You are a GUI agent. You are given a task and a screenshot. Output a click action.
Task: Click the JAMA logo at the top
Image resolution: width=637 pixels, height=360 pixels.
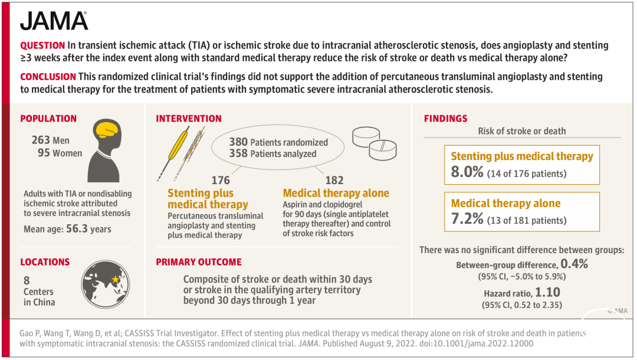coord(54,21)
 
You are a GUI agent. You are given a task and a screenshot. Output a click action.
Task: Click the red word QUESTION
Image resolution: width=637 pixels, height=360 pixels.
coord(42,45)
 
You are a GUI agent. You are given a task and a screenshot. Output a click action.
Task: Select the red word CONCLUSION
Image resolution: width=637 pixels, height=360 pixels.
coord(48,76)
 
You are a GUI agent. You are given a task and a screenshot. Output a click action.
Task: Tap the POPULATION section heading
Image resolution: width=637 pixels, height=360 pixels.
coord(48,119)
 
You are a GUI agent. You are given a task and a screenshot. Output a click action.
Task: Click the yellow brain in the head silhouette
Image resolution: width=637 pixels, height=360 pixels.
coord(106,130)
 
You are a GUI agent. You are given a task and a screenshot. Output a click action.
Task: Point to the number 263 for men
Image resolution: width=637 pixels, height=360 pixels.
coord(41,140)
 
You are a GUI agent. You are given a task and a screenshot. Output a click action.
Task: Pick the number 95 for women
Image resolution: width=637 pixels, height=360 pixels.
coord(44,153)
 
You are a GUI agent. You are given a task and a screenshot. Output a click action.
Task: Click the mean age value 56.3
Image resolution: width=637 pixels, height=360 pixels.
coord(77,229)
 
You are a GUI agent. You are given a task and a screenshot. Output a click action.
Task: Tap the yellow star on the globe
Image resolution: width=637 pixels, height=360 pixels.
coord(116,279)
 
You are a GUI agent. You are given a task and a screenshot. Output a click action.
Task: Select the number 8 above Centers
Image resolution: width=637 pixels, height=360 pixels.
coord(27,280)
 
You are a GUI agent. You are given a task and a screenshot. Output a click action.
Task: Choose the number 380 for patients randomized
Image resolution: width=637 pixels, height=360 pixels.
coord(238,142)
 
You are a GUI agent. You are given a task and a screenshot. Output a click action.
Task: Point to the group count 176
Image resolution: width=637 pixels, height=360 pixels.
coord(221,180)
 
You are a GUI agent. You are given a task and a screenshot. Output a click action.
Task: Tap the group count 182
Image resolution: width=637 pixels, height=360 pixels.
coord(334,180)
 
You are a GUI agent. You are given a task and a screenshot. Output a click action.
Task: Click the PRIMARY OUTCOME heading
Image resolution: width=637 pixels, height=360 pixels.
coord(199,262)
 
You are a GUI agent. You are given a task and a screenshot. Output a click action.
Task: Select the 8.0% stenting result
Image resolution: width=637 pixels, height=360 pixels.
coord(467,172)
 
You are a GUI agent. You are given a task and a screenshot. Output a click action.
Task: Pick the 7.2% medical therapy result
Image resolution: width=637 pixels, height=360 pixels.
coord(467,218)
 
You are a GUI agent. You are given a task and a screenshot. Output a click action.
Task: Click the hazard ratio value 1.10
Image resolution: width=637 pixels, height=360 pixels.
coord(547,292)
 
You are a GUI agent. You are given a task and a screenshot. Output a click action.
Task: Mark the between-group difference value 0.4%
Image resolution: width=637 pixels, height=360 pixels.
coord(574,264)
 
